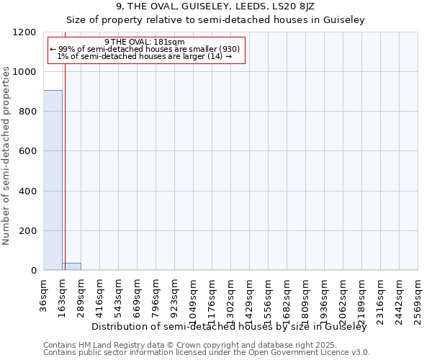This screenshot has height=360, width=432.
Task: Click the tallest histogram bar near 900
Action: pyautogui.click(x=53, y=180)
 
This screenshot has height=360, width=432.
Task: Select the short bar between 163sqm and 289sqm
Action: pyautogui.click(x=72, y=266)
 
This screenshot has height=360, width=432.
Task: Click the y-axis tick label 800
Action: pyautogui.click(x=27, y=112)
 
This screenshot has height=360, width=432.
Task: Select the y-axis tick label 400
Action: pyautogui.click(x=27, y=191)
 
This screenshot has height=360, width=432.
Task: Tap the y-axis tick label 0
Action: pyautogui.click(x=33, y=270)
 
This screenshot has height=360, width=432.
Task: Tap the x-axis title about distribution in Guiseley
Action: pyautogui.click(x=230, y=327)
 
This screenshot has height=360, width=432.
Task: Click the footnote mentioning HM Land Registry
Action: pyautogui.click(x=206, y=345)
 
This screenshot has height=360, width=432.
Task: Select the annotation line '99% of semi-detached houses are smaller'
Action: pyautogui.click(x=145, y=49)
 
